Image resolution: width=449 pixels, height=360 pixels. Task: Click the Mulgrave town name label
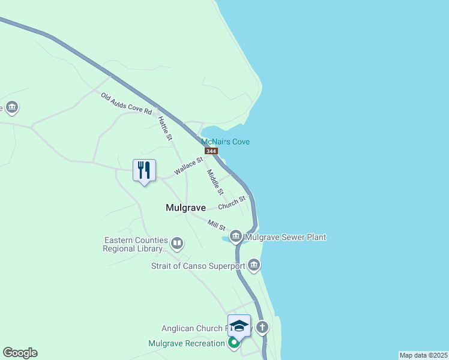tap(185, 208)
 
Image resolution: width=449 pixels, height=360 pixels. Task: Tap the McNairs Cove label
tap(225, 142)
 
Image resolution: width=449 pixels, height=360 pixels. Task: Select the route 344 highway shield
tap(211, 151)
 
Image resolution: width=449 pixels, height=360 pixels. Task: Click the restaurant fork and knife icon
tap(144, 170)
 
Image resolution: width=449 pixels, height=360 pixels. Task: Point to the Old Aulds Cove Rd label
tap(126, 104)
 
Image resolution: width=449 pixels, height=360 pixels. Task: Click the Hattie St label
tap(164, 128)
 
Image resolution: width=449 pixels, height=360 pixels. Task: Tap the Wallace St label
tap(188, 166)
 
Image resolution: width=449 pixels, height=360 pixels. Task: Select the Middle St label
tap(214, 182)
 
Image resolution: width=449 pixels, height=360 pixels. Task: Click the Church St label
tap(232, 202)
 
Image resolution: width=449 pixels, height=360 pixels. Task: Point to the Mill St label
tap(216, 225)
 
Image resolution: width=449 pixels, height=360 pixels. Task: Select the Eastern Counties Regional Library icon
tap(176, 244)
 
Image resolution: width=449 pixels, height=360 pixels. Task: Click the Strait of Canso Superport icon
tap(254, 265)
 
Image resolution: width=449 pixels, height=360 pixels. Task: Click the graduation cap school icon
tap(239, 326)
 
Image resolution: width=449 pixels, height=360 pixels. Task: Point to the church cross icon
tap(262, 328)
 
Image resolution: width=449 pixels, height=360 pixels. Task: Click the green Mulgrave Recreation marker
tap(234, 343)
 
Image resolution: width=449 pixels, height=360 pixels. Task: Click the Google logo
tap(20, 353)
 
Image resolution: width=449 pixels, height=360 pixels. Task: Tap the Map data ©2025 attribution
tap(423, 355)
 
